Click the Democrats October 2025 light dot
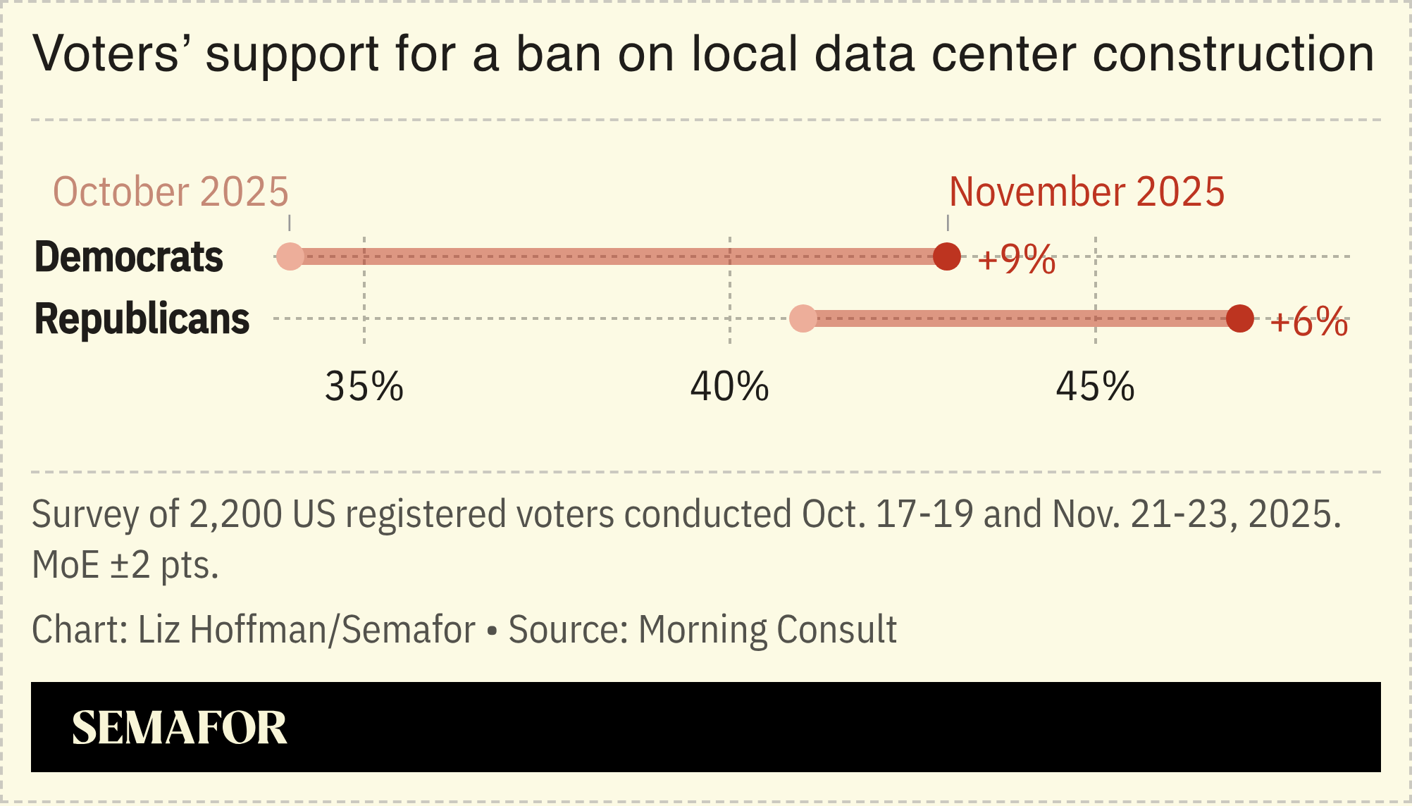tap(290, 256)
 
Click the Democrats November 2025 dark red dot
tap(947, 256)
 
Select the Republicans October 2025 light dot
tap(803, 318)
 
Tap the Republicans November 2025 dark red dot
tap(1240, 318)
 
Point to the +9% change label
tap(1016, 259)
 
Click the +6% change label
tap(1309, 322)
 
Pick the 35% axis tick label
tap(364, 386)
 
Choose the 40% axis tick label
tap(729, 386)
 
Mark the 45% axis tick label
tap(1095, 386)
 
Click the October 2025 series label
tap(171, 192)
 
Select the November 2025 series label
tap(1086, 192)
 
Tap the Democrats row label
tap(129, 256)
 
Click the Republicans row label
tap(142, 318)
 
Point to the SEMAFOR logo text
tap(180, 728)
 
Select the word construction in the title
tap(1233, 54)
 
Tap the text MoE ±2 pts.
tap(125, 565)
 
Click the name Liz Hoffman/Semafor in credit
tap(306, 630)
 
